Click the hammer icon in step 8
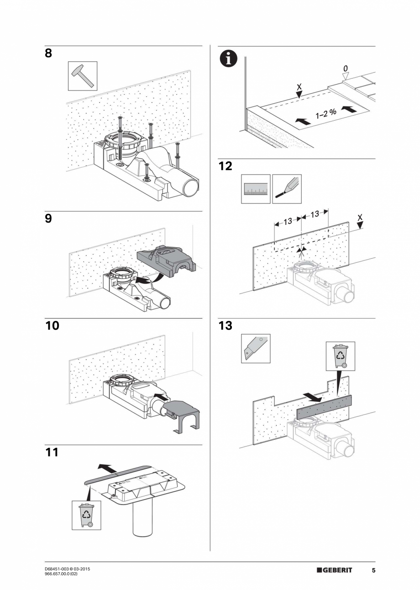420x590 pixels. pos(83,76)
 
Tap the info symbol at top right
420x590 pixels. pos(227,59)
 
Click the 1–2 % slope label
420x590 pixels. pos(326,113)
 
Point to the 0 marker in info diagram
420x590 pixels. pos(345,68)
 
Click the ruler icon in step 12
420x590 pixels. pos(255,189)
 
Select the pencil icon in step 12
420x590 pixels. pos(287,189)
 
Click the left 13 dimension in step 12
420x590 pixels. pos(287,222)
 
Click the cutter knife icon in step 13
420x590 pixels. pos(255,348)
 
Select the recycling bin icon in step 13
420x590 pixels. pos(340,356)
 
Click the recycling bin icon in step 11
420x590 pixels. pos(86,515)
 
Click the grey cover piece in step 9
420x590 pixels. pos(166,263)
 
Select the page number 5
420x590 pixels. pos(373,570)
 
